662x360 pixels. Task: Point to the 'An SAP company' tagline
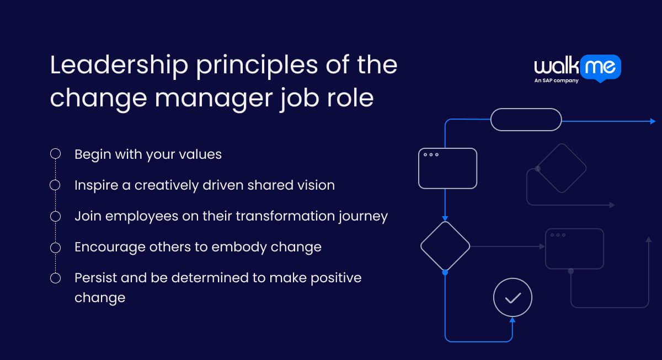pyautogui.click(x=556, y=81)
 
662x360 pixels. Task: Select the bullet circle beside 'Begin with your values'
pyautogui.click(x=55, y=154)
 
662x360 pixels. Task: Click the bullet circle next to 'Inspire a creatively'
pyautogui.click(x=55, y=185)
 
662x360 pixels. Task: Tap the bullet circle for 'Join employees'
pyautogui.click(x=55, y=216)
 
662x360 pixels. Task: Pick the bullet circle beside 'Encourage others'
pyautogui.click(x=55, y=247)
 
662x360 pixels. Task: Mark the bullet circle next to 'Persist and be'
pyautogui.click(x=55, y=278)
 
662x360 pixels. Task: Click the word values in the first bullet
pyautogui.click(x=199, y=154)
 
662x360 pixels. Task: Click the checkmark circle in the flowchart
pyautogui.click(x=512, y=298)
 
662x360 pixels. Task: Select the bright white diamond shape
pyautogui.click(x=445, y=246)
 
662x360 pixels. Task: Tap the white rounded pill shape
pyautogui.click(x=526, y=120)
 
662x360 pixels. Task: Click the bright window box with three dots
pyautogui.click(x=447, y=168)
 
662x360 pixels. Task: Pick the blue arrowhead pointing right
pyautogui.click(x=653, y=121)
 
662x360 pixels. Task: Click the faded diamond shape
pyautogui.click(x=561, y=168)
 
